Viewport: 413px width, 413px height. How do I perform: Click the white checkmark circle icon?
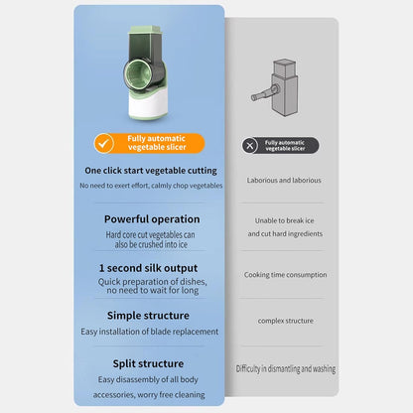[x=104, y=143]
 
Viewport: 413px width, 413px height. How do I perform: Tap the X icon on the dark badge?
[x=250, y=145]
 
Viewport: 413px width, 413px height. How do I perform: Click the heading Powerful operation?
[x=152, y=219]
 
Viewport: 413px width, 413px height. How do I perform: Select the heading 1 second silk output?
[x=148, y=268]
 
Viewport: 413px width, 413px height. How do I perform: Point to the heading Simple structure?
[x=148, y=316]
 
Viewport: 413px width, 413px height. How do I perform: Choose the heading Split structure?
[x=148, y=363]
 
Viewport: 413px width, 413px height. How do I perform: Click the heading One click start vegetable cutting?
[x=151, y=171]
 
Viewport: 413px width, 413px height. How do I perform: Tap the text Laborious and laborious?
[x=284, y=181]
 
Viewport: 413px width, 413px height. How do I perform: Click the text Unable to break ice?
[x=285, y=220]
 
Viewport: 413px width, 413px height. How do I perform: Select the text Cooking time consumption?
[x=285, y=275]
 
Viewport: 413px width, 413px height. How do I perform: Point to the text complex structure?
[x=286, y=321]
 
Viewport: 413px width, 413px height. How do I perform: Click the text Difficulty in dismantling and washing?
[x=286, y=368]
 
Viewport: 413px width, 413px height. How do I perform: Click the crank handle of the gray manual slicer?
[x=265, y=93]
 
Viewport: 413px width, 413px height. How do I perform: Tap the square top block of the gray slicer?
[x=285, y=68]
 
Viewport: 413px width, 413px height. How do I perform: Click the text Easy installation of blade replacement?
[x=150, y=332]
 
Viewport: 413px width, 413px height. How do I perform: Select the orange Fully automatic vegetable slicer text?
[x=157, y=143]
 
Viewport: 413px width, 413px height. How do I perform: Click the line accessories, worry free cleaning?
[x=149, y=395]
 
